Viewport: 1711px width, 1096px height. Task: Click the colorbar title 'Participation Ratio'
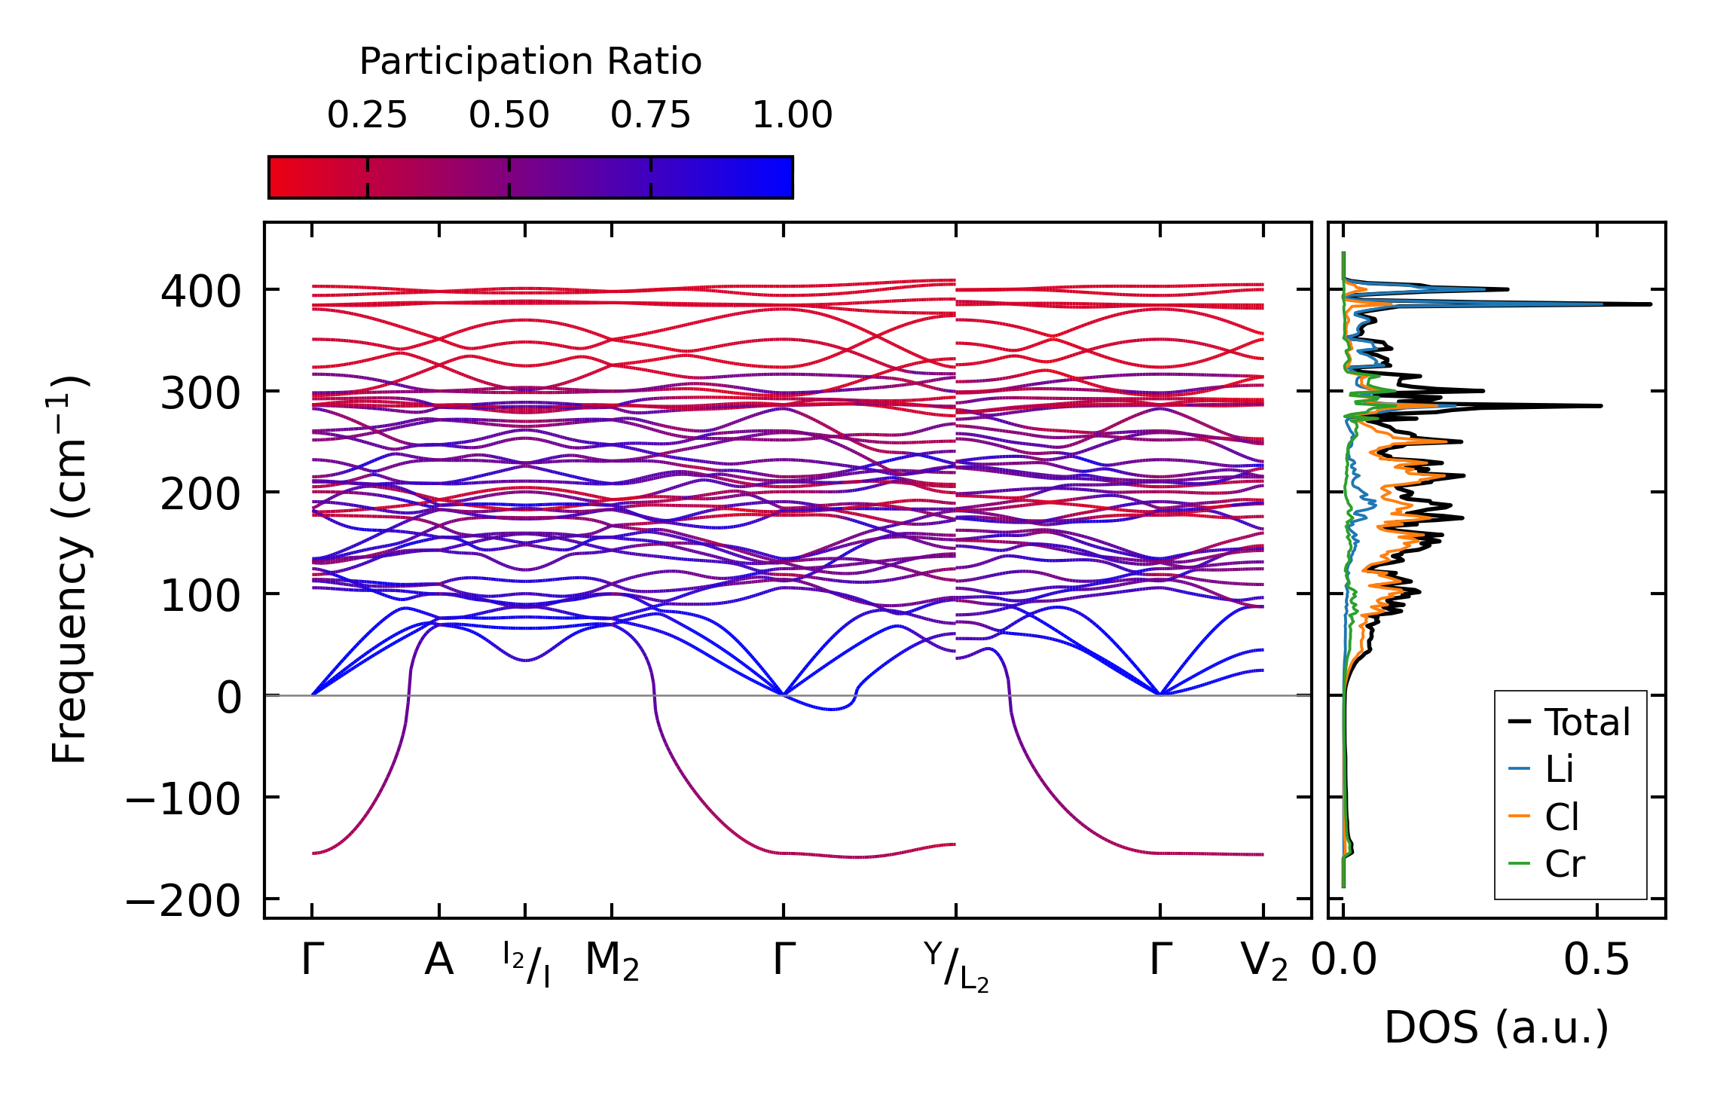530,62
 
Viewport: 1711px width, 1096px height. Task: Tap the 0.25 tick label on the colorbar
367,115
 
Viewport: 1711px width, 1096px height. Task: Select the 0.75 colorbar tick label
650,115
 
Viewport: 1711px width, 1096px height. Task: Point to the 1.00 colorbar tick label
792,115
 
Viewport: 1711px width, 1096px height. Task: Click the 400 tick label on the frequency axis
200,291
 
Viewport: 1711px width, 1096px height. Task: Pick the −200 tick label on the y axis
182,900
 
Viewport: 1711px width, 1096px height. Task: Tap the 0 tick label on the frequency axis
229,697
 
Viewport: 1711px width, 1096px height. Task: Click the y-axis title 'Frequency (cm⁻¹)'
69,569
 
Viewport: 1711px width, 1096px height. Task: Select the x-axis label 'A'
439,960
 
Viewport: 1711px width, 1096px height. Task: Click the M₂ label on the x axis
612,962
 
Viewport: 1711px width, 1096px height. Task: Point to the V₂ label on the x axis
1263,962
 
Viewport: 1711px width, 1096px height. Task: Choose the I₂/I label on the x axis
526,965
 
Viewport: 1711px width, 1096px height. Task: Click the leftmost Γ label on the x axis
313,960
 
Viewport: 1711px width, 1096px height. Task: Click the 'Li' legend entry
1559,769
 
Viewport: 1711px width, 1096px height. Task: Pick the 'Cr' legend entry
1565,864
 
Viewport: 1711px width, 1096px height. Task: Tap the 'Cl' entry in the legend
1561,817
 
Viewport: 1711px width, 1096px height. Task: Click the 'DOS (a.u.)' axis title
1496,1028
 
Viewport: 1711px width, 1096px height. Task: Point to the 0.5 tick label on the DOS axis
1596,961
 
